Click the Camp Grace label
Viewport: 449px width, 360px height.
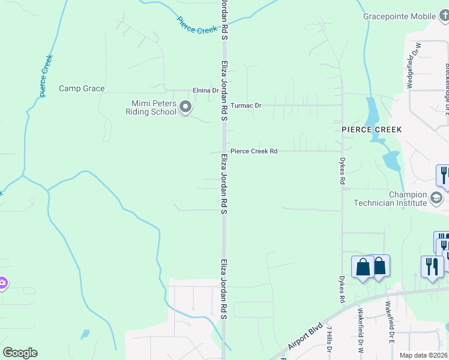coord(82,89)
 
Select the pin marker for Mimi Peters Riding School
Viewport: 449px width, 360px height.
coord(185,107)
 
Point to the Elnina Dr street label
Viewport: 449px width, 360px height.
coord(205,91)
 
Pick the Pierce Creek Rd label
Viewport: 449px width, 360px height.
coord(254,152)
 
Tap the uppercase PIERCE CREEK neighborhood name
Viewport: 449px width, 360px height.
coord(372,130)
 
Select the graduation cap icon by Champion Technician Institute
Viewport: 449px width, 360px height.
coord(436,197)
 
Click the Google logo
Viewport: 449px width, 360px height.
coord(20,353)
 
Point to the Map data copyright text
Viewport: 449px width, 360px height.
coord(424,355)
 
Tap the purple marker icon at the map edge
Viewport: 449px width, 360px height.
coord(2,283)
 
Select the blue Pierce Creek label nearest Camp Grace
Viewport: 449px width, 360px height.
coord(46,76)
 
